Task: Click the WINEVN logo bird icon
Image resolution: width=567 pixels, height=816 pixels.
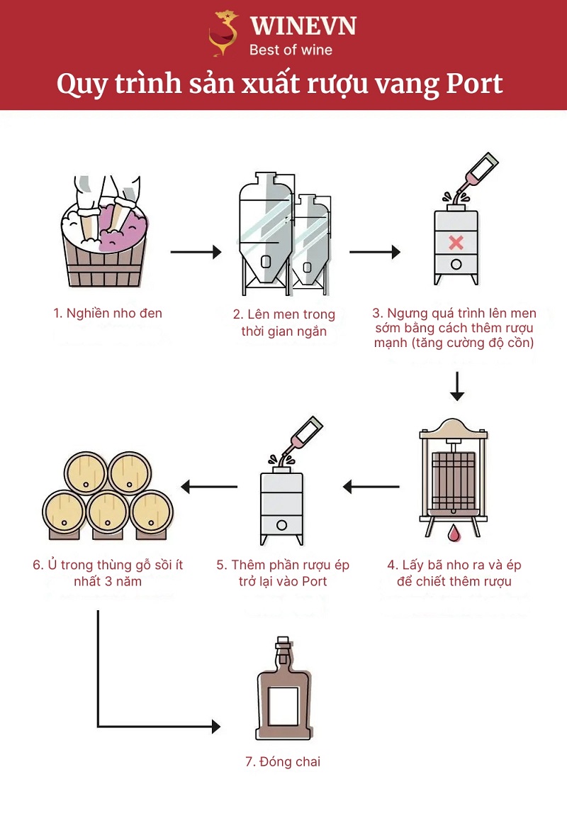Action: (x=224, y=33)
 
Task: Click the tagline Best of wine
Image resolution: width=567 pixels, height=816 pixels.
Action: (x=291, y=50)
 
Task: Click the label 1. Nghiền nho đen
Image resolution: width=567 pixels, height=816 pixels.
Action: (x=108, y=313)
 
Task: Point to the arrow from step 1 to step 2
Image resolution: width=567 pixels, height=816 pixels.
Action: (x=196, y=252)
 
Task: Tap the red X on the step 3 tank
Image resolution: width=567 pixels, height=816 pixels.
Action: (x=456, y=243)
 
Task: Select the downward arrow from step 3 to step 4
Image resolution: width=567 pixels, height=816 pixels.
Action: (x=457, y=386)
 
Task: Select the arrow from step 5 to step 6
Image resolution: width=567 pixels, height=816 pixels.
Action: (x=209, y=487)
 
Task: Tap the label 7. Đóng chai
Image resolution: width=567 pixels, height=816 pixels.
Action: (x=283, y=761)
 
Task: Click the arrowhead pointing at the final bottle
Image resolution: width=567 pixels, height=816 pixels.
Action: (x=215, y=726)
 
